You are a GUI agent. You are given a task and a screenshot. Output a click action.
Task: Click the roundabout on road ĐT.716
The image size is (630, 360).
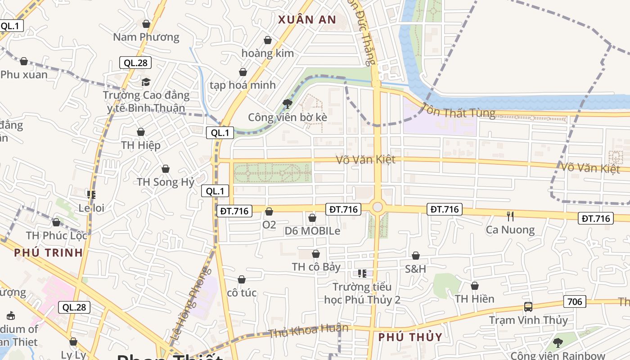378,207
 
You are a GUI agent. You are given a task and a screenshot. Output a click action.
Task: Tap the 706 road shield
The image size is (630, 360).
575,301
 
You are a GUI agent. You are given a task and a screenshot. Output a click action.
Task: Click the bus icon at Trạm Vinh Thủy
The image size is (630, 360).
528,307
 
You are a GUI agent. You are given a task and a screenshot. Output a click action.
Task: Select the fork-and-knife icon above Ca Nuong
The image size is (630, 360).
510,216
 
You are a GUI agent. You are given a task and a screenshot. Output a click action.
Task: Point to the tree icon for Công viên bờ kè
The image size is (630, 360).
287,104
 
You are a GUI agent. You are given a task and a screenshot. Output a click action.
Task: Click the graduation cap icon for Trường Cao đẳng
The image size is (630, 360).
146,82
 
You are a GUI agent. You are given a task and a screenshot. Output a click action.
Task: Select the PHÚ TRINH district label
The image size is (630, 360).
49,252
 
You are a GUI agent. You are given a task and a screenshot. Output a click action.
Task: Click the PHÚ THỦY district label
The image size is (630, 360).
410,337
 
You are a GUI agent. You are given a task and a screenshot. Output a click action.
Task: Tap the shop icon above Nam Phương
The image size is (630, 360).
146,24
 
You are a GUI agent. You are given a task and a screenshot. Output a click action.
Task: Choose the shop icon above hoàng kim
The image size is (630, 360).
268,40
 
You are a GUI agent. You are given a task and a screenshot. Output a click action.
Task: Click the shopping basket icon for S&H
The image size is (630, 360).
416,256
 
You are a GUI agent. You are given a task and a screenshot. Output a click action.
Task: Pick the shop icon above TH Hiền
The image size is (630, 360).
474,286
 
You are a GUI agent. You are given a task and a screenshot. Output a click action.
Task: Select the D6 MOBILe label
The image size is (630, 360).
312,231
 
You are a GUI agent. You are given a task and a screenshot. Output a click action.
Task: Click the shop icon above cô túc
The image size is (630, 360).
242,280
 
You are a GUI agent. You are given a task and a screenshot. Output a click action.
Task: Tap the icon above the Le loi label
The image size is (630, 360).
91,195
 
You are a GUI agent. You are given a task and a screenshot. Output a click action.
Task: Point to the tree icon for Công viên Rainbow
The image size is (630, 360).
558,343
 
